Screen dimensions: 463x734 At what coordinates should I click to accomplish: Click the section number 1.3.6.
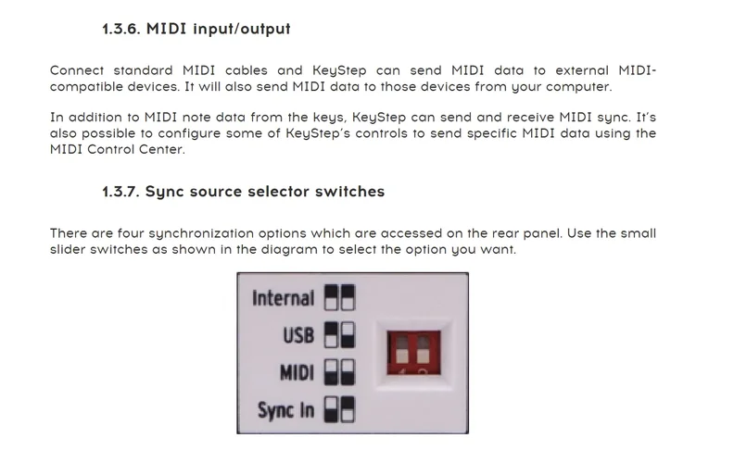120,29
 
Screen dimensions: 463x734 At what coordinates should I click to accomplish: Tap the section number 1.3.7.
120,192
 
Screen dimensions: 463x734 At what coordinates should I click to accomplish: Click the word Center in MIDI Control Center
163,149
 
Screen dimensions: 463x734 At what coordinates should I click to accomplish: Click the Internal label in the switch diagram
283,298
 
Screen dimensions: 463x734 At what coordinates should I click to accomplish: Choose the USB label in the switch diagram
298,335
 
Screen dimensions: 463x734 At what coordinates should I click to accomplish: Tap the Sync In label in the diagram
285,409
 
